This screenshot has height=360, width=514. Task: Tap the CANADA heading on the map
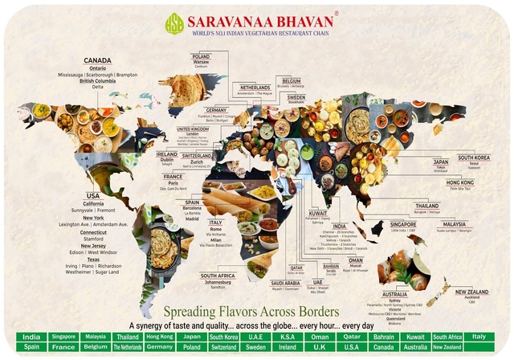97,59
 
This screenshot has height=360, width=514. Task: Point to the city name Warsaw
201,61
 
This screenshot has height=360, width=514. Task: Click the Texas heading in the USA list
93,260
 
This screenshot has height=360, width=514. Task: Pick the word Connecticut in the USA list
93,231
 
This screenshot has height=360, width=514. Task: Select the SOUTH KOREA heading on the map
474,157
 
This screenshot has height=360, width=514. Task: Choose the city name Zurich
196,161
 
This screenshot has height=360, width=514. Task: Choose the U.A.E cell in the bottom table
259,336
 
